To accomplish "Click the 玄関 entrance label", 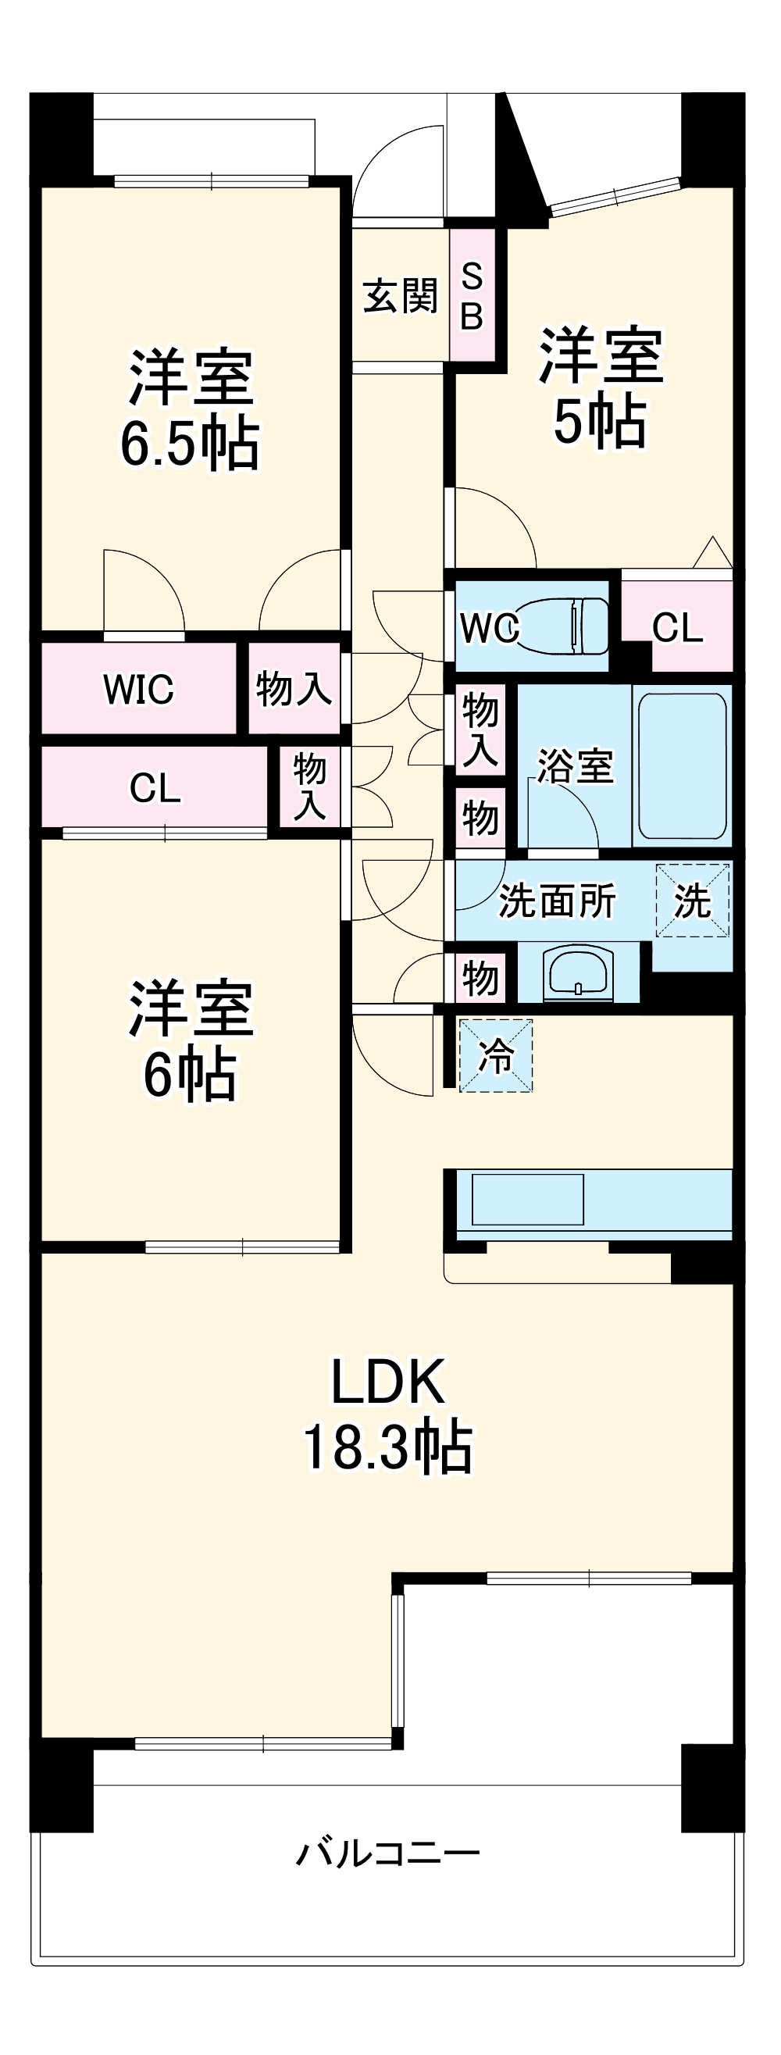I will (x=400, y=296).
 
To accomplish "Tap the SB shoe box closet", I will (x=472, y=296).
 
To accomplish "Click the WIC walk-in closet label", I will (x=138, y=689).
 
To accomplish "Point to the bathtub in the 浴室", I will (x=682, y=765).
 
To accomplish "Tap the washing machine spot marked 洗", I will (x=692, y=901).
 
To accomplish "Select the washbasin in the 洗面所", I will (x=579, y=972).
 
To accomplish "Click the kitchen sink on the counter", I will (x=527, y=1199).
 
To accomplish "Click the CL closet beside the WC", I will (x=677, y=627).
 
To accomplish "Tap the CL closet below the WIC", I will (x=155, y=788).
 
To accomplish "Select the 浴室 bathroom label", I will (x=574, y=765).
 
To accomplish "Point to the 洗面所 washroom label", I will (x=556, y=901).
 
